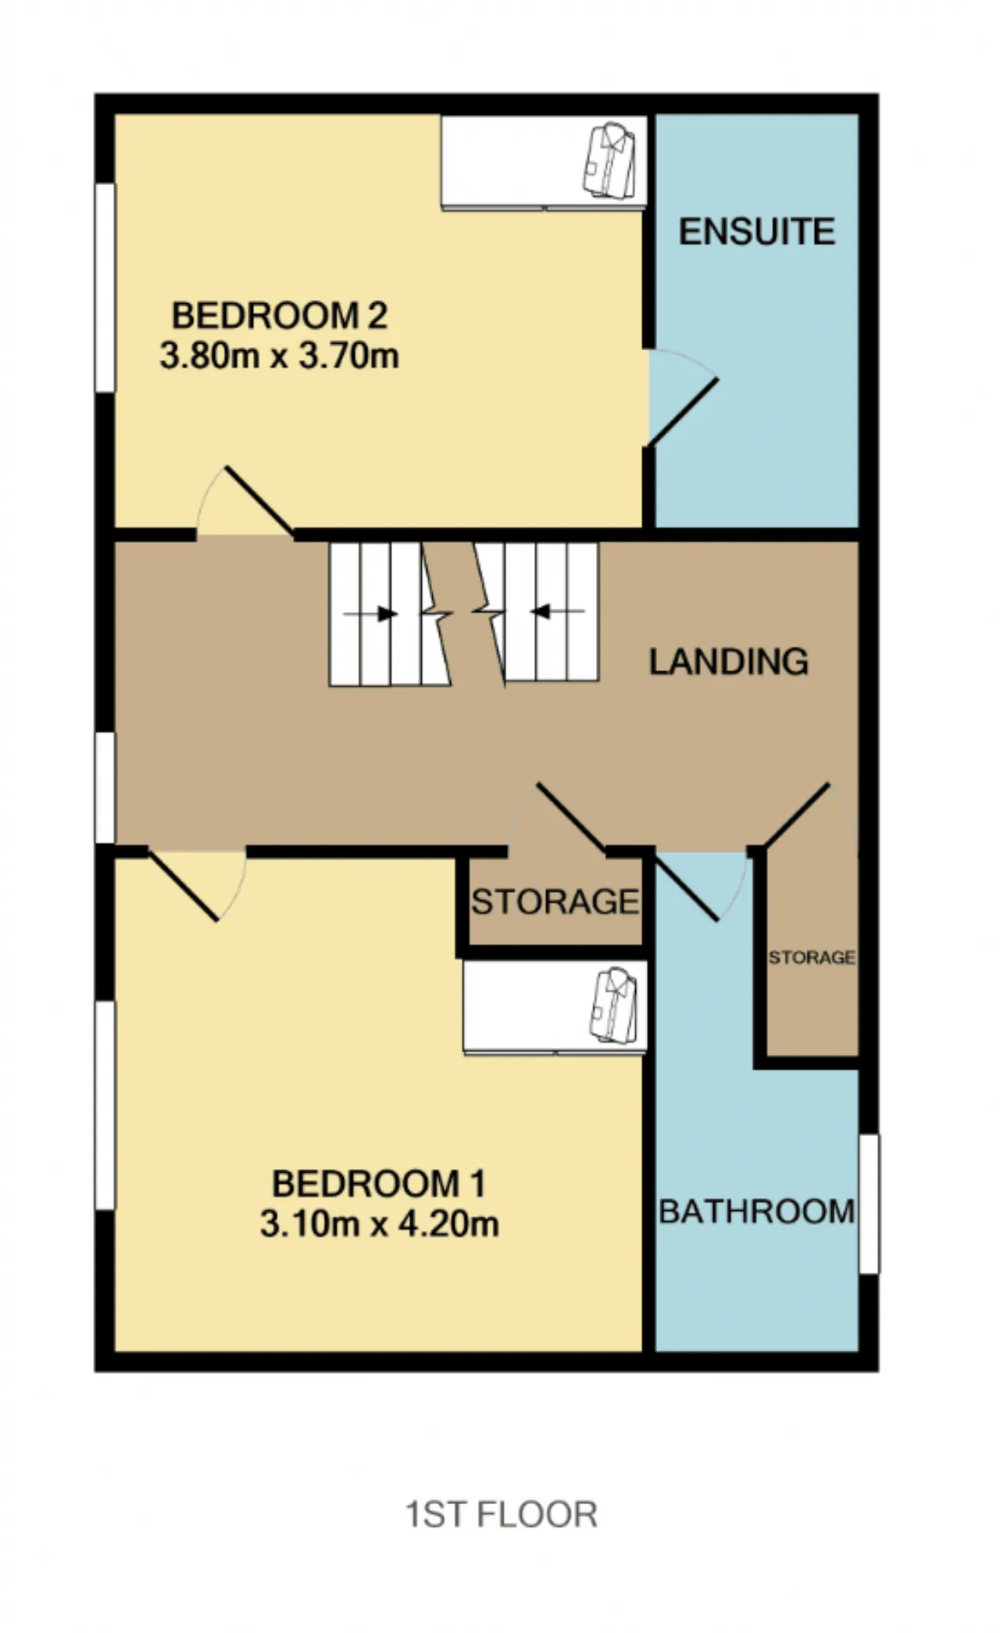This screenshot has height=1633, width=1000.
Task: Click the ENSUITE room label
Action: click(x=757, y=232)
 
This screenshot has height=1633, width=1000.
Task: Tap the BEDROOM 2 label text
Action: click(x=280, y=316)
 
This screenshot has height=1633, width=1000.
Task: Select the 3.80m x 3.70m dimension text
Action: click(x=280, y=356)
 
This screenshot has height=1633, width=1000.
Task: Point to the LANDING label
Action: click(x=729, y=662)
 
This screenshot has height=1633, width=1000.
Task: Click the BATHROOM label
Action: click(x=757, y=1212)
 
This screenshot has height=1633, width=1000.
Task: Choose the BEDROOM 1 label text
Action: click(x=379, y=1184)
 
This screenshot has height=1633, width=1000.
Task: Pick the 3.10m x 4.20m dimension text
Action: click(x=380, y=1224)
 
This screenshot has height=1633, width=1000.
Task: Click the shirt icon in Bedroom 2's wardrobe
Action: click(x=610, y=161)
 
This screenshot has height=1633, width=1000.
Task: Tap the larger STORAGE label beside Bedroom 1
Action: click(x=555, y=902)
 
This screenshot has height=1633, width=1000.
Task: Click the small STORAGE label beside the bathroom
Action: click(x=812, y=957)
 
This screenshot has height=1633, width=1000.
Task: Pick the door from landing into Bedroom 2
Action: click(x=245, y=501)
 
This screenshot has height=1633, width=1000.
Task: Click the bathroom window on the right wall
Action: click(x=869, y=1204)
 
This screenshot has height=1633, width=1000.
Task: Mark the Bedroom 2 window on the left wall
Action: click(x=105, y=288)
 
